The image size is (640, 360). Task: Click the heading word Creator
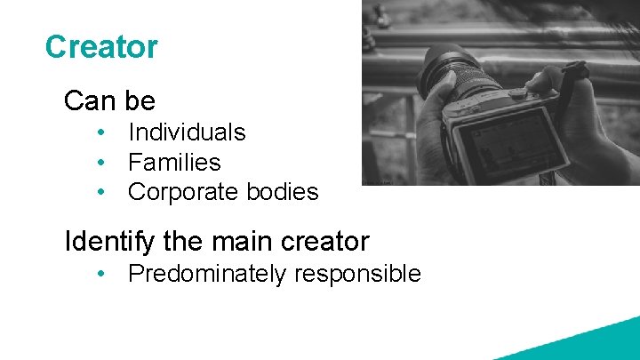click(x=101, y=47)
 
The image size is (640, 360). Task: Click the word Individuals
click(x=187, y=132)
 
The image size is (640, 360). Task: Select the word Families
click(x=174, y=163)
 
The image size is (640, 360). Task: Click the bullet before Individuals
click(x=104, y=133)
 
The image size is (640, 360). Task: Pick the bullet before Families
click(x=104, y=163)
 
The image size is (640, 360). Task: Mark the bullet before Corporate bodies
click(x=104, y=192)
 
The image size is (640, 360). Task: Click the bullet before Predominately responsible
click(x=104, y=274)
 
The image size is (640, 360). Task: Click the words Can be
click(x=109, y=101)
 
